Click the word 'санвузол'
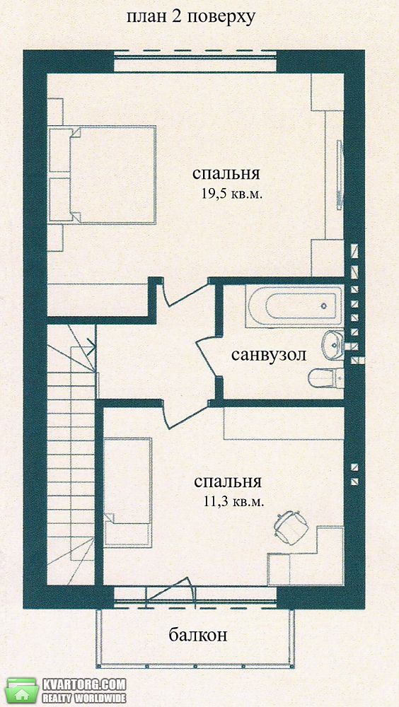click(x=269, y=355)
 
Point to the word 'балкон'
click(x=197, y=636)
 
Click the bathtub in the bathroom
click(x=294, y=305)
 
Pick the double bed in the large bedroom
click(x=103, y=175)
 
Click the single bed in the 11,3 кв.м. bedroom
click(x=128, y=493)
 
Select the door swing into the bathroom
click(x=207, y=356)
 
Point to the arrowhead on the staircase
click(x=91, y=346)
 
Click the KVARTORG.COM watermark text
click(x=84, y=684)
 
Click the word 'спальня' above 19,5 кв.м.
click(x=226, y=175)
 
